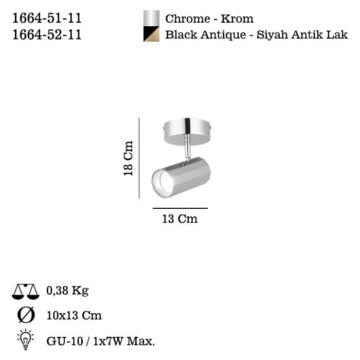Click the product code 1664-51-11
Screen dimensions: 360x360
pyautogui.click(x=46, y=19)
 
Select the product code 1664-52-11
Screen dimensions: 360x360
pyautogui.click(x=46, y=34)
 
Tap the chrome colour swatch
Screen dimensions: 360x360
pyautogui.click(x=151, y=18)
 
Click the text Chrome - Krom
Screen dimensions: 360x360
pyautogui.click(x=209, y=19)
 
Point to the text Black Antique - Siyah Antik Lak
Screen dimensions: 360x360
pyautogui.click(x=256, y=35)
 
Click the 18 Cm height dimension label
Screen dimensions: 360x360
pyautogui.click(x=128, y=158)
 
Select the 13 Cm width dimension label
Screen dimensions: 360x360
pyautogui.click(x=179, y=219)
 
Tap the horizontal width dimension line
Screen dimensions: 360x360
pyautogui.click(x=180, y=208)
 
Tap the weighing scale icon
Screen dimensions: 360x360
pyautogui.click(x=25, y=292)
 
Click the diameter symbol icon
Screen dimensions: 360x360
pyautogui.click(x=25, y=315)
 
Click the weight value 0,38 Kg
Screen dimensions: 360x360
pyautogui.click(x=67, y=291)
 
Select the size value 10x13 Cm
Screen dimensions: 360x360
pyautogui.click(x=74, y=315)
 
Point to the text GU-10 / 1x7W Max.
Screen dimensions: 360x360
pyautogui.click(x=100, y=340)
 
